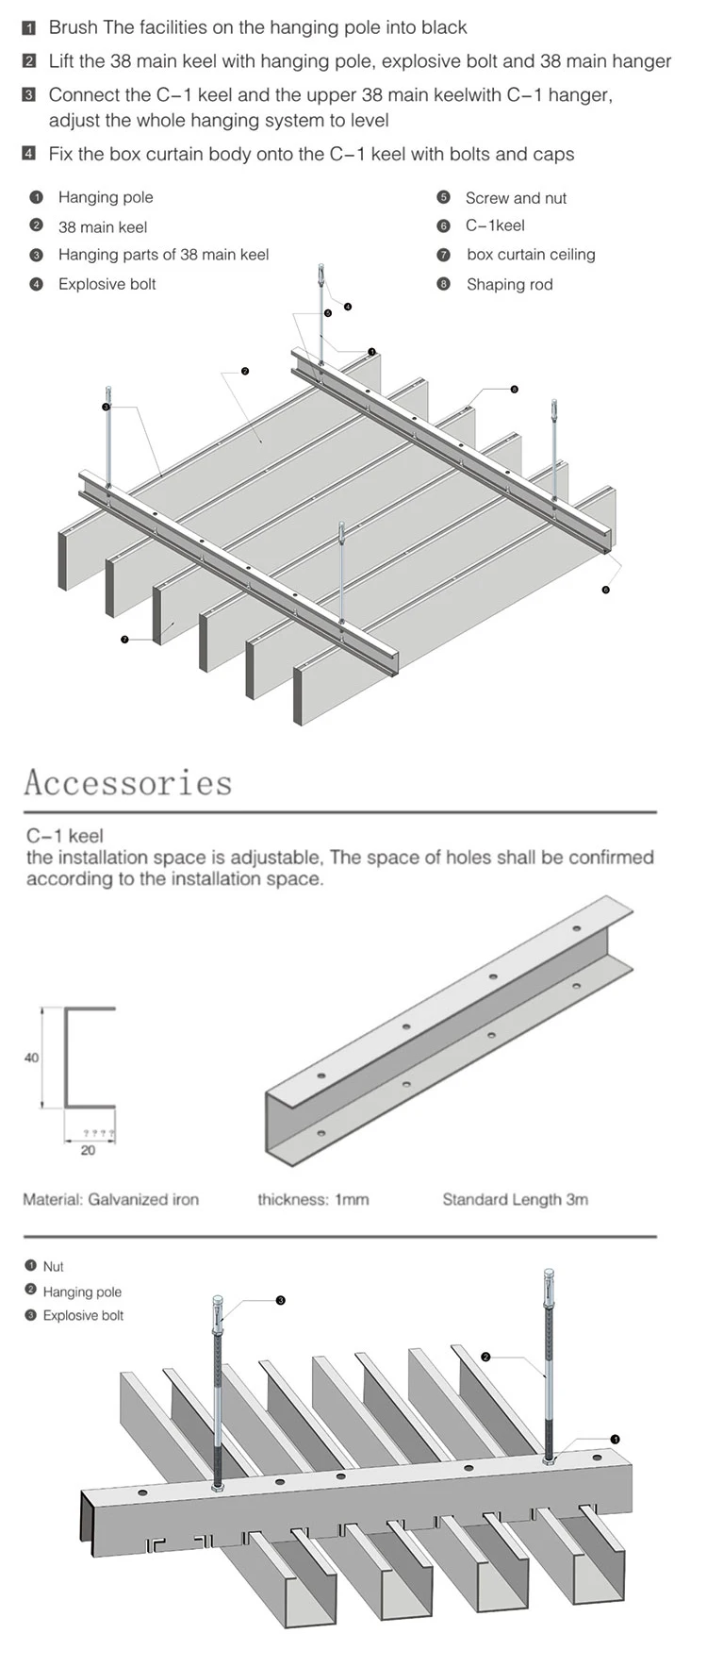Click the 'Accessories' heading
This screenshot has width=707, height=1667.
click(x=127, y=783)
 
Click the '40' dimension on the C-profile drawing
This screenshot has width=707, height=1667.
click(x=31, y=1058)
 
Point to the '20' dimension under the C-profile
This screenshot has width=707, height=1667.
click(x=88, y=1150)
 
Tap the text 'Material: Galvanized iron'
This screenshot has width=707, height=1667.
click(x=110, y=1199)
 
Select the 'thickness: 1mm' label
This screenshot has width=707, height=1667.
click(x=313, y=1199)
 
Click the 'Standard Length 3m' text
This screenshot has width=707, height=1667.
click(x=515, y=1199)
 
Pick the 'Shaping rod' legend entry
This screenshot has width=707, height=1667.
click(x=509, y=284)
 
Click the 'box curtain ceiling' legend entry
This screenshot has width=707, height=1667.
click(x=530, y=255)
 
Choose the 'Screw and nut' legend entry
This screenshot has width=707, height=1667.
click(x=516, y=198)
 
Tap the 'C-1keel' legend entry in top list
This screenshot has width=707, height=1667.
click(x=495, y=225)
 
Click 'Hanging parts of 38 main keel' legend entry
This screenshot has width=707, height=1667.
click(x=163, y=255)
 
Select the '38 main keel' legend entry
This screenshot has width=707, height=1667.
click(x=103, y=226)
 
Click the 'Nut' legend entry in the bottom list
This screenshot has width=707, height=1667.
click(x=53, y=1266)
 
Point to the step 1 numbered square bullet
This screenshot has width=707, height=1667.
click(x=29, y=28)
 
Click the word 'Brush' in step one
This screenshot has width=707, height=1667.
click(x=74, y=28)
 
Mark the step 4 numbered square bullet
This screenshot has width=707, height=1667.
click(x=29, y=154)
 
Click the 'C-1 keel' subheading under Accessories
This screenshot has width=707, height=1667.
click(x=64, y=835)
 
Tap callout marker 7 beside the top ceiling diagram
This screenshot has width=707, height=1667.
click(x=124, y=640)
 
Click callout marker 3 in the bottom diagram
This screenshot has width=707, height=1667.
click(x=280, y=1300)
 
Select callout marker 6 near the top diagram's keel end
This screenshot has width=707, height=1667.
click(x=605, y=590)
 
